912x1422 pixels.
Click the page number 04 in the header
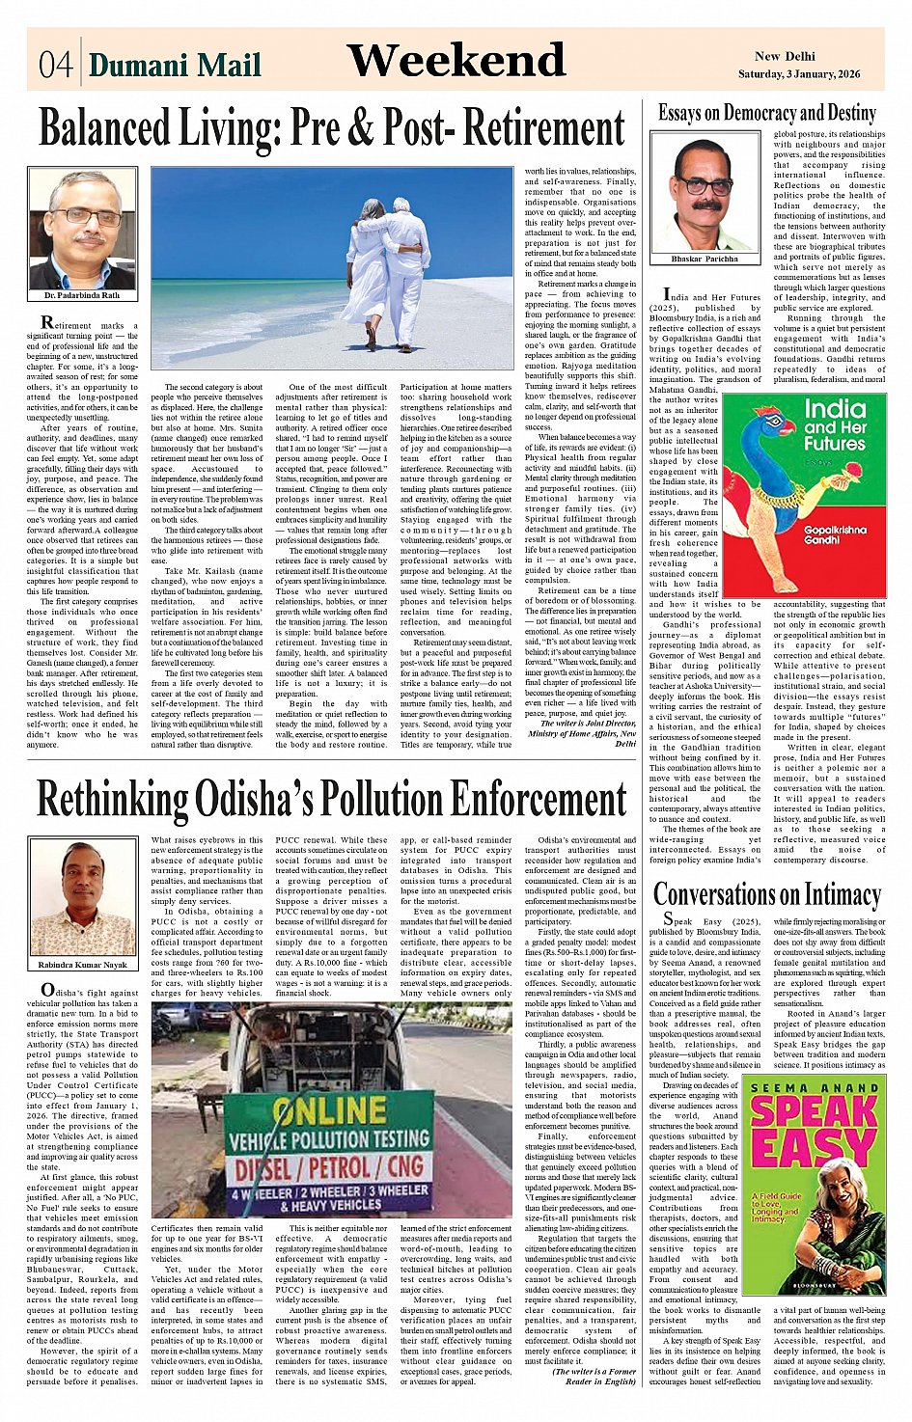(x=55, y=65)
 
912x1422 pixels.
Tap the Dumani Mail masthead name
(x=175, y=65)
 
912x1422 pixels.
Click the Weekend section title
(x=456, y=61)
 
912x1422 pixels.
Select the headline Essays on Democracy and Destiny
(x=766, y=113)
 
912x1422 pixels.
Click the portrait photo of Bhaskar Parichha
(x=704, y=193)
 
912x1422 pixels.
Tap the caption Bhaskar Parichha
(x=705, y=259)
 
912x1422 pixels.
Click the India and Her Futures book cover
(x=804, y=493)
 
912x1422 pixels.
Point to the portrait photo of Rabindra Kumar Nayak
(x=82, y=897)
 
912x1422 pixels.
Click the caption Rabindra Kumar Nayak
(x=82, y=964)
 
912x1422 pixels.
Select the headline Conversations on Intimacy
(x=766, y=894)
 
